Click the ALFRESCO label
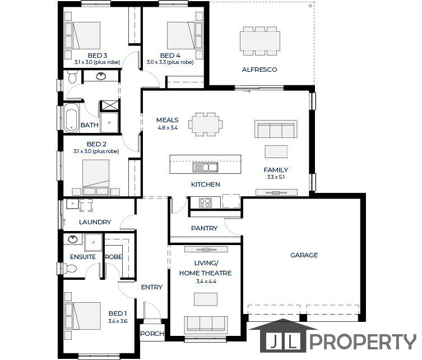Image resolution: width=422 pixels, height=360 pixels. point(259,70)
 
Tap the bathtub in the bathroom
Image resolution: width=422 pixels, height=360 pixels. point(71,118)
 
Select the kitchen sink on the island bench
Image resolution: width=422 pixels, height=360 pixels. point(205,167)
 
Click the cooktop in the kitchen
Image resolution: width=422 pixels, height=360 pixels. point(205,203)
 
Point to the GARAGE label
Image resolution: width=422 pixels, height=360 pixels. point(304,255)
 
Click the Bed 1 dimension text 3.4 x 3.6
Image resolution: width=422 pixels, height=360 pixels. point(118,321)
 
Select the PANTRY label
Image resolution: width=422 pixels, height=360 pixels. point(204,228)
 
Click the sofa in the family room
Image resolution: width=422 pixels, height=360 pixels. point(276,129)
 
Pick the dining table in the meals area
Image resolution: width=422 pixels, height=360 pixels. point(206,124)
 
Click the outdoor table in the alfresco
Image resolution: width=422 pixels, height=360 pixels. point(260,41)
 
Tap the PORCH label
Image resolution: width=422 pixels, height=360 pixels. point(152,334)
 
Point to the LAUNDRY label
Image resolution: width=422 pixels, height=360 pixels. point(95,222)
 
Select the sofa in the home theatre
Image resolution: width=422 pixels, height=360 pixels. point(206,323)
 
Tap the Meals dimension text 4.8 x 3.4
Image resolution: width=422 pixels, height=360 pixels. point(168,128)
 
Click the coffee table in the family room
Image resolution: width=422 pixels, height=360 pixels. point(276,151)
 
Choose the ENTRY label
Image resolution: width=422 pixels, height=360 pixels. point(152,287)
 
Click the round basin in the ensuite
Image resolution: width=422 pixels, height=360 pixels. point(72,239)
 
